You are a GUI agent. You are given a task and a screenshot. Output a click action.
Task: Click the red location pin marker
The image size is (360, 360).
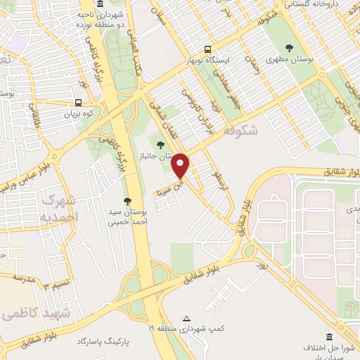click(x=181, y=166)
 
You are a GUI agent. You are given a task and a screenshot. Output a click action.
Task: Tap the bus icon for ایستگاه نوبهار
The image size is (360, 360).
click(x=207, y=49)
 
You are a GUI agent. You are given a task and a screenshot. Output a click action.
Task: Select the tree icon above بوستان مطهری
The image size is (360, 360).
click(x=289, y=48)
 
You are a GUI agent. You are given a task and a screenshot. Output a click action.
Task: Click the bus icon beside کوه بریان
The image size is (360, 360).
click(x=77, y=102)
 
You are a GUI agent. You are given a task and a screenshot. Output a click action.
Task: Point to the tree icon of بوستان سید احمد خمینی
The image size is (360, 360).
click(x=127, y=200)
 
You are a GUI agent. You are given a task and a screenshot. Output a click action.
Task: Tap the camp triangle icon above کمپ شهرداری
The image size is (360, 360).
click(x=186, y=318)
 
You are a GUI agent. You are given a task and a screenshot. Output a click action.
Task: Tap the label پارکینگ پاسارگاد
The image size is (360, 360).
click(x=105, y=341)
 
